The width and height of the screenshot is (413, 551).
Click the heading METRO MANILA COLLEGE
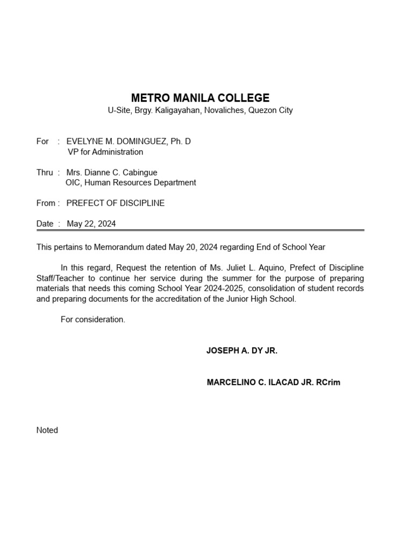[x=200, y=98]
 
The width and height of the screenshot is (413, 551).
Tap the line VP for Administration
[x=105, y=152]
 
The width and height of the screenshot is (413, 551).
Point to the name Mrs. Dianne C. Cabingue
[x=112, y=173]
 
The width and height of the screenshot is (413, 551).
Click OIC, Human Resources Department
[x=131, y=182]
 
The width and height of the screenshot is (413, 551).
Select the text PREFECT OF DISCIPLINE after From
[x=116, y=203]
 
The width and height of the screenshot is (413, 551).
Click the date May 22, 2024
[x=91, y=224]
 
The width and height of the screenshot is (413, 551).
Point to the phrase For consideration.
[x=93, y=319]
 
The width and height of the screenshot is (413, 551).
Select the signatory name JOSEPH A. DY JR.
[x=242, y=350]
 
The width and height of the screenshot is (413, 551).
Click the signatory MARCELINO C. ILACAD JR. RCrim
[x=274, y=383]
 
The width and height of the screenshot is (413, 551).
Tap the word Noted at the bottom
[x=47, y=430]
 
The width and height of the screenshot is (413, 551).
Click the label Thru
[x=45, y=173]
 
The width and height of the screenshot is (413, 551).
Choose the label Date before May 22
[x=45, y=224]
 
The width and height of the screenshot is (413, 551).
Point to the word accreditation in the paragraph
[x=196, y=299]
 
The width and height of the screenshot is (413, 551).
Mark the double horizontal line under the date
[x=200, y=230]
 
